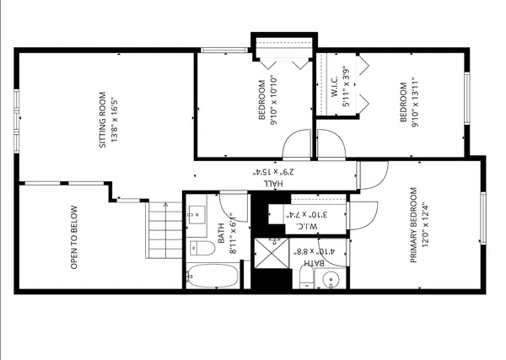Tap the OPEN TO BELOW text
pos(74,238)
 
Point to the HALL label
pos(271,183)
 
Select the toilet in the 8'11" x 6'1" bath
pos(201,247)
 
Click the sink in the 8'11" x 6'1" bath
pos(198,214)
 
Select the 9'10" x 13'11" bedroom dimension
pos(416,103)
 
